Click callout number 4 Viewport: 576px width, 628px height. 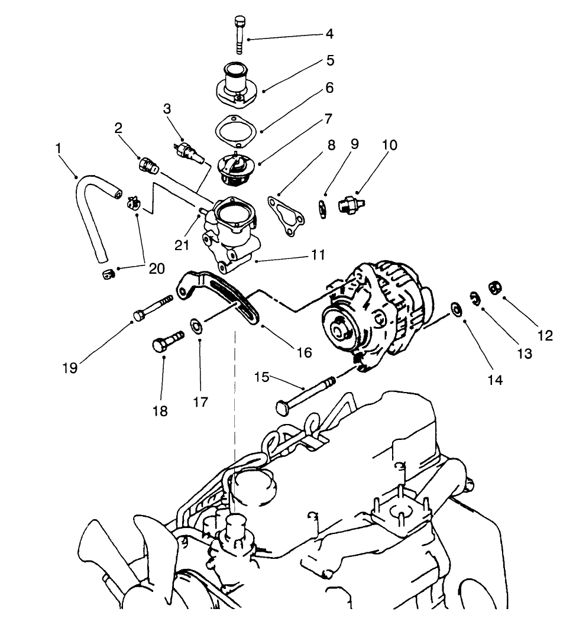click(x=329, y=34)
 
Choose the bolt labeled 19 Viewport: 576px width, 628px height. click(x=153, y=309)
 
